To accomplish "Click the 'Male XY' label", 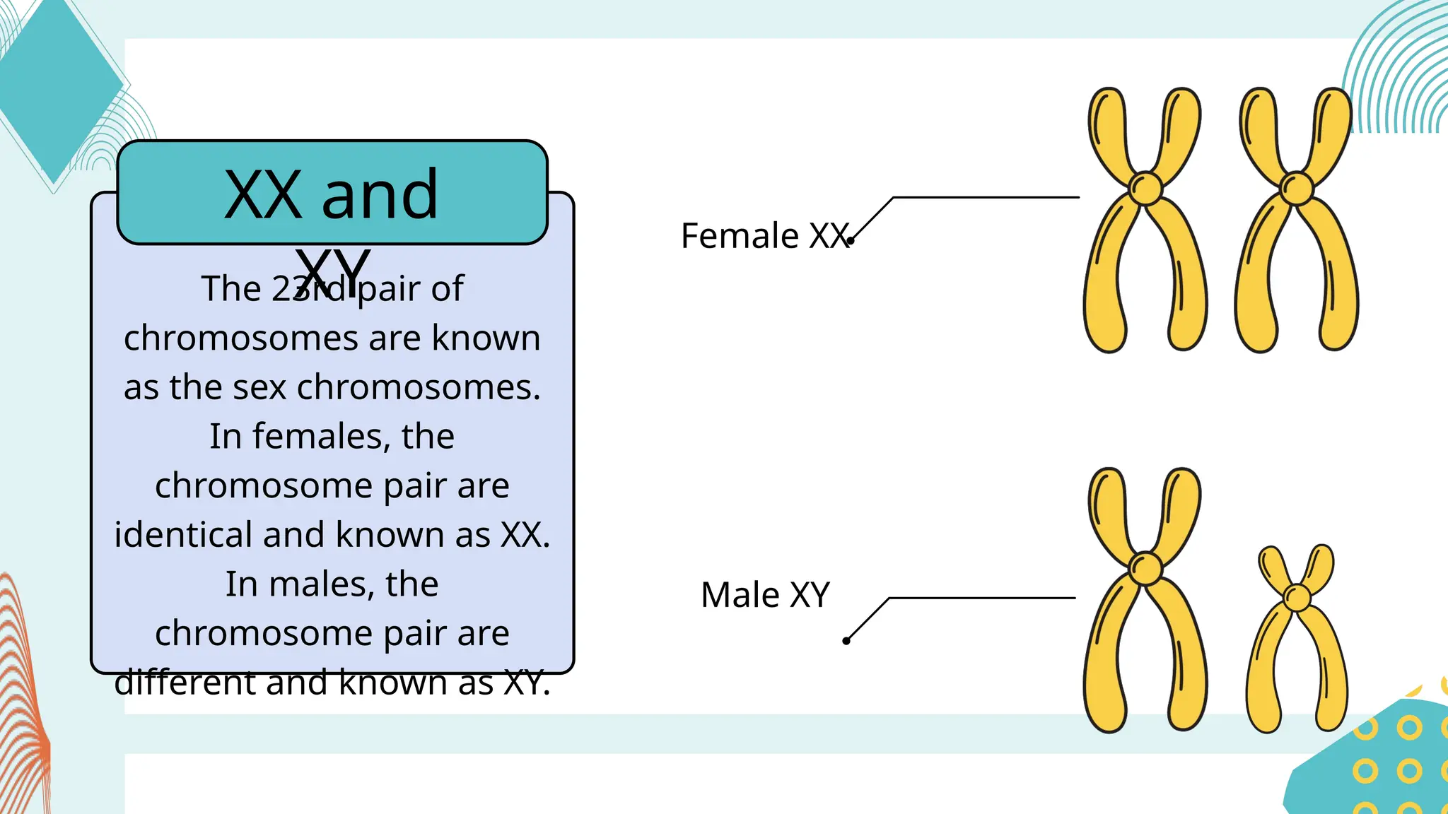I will pyautogui.click(x=765, y=595).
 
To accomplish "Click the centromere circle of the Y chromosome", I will pyautogui.click(x=1297, y=597).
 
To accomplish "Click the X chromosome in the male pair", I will pyautogui.click(x=1145, y=601).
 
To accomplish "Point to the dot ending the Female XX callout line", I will pyautogui.click(x=851, y=241).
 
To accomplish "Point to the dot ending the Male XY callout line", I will pyautogui.click(x=846, y=641).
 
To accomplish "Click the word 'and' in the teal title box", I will pyautogui.click(x=380, y=194).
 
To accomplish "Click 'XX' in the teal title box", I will pyautogui.click(x=263, y=195).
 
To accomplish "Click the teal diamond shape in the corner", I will pyautogui.click(x=57, y=85).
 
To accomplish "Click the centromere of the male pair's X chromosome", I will pyautogui.click(x=1145, y=567).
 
